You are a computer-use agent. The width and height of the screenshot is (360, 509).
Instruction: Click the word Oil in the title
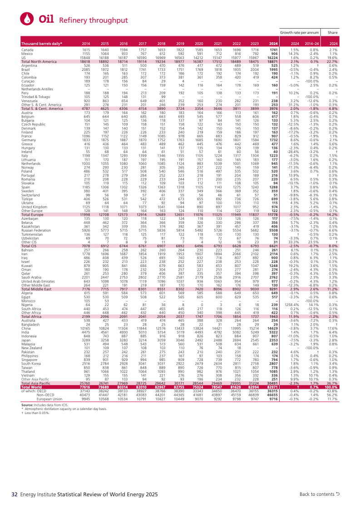(47, 19)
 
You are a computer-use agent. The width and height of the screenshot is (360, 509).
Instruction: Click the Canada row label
(27, 49)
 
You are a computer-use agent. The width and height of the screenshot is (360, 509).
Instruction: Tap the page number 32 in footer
(15, 494)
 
